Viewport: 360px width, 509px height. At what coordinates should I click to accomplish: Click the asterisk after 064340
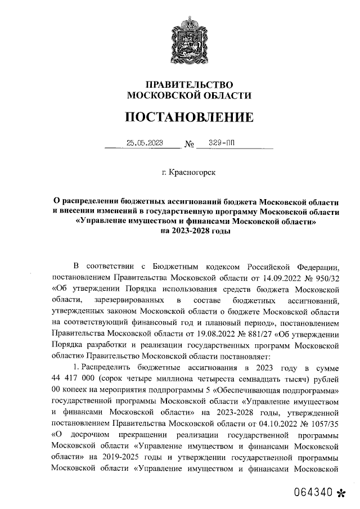click(x=341, y=493)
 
